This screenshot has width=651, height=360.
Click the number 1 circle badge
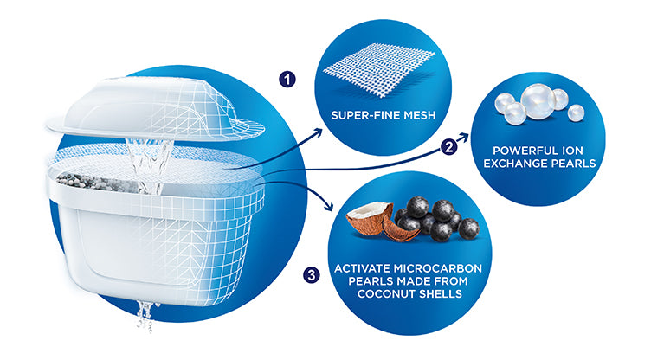(x=287, y=79)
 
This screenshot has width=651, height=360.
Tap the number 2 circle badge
(x=448, y=146)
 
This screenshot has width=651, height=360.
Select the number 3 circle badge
(x=312, y=274)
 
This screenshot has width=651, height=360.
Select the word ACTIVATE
(x=362, y=268)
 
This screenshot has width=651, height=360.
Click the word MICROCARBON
(x=438, y=268)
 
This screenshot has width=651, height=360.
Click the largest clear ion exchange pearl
(x=538, y=101)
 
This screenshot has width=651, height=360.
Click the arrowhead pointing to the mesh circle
(x=318, y=132)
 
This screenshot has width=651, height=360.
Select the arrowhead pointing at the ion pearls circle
(x=463, y=138)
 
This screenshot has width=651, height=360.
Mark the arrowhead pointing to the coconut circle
(x=328, y=206)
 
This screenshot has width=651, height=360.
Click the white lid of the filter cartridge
(x=154, y=109)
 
